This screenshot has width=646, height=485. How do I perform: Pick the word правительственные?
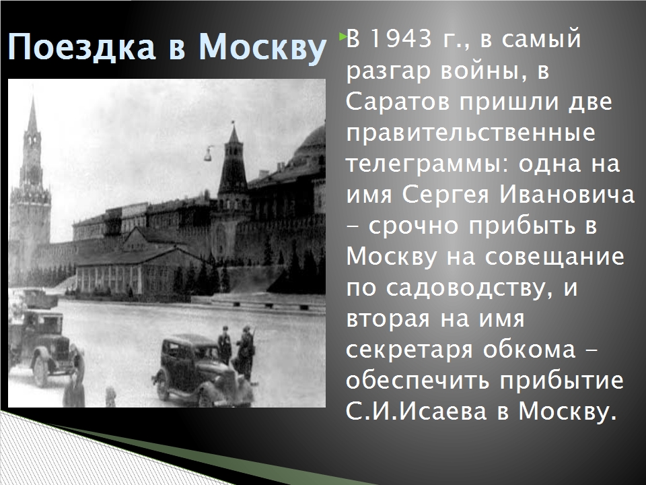(470, 133)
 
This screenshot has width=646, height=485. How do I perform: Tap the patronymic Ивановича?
(567, 195)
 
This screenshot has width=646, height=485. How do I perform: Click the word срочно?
(413, 227)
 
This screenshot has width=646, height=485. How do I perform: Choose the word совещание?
(554, 257)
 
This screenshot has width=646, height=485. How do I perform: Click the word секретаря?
(409, 350)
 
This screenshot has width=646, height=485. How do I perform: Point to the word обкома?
(529, 350)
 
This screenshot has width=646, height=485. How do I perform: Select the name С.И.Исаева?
(417, 411)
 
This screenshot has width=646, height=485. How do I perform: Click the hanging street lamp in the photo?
(208, 154)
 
